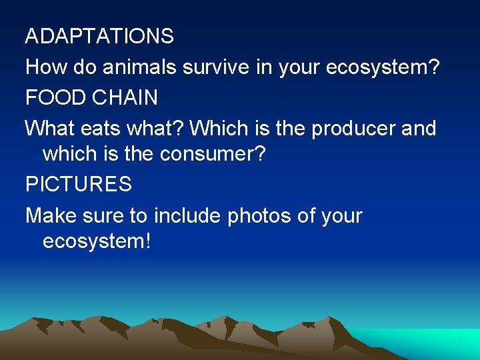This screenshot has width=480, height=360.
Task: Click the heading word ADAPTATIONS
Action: (99, 36)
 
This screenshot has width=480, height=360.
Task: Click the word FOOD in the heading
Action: (51, 98)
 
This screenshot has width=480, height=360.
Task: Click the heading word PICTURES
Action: (79, 185)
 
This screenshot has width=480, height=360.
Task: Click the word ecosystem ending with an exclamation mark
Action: (97, 241)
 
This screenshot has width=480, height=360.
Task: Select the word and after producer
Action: (419, 128)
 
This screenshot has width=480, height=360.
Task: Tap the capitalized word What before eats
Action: (49, 128)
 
